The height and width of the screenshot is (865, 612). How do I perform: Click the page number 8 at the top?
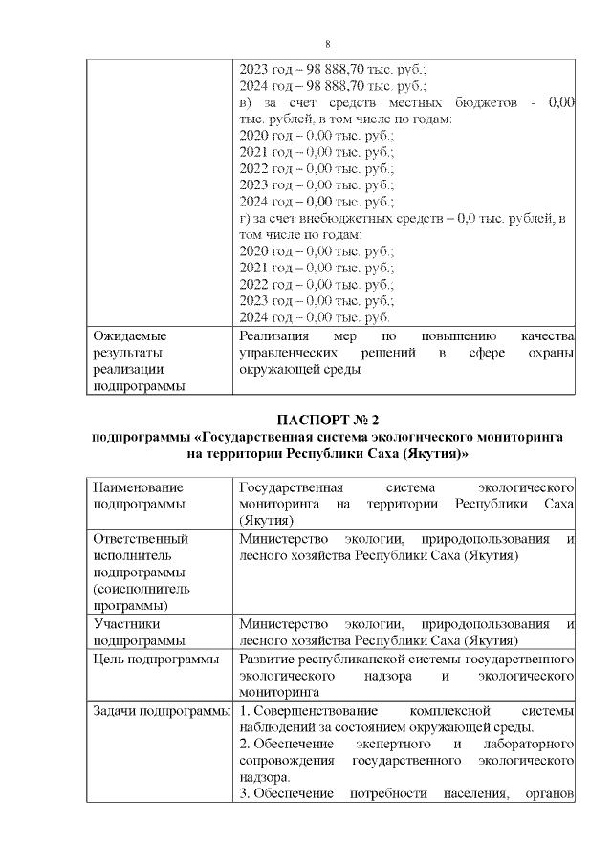coord(327,44)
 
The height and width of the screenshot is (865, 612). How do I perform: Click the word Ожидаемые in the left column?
coord(129,336)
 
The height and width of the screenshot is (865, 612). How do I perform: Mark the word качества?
coord(546,336)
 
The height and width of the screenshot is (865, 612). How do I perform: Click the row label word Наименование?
coord(139,487)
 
